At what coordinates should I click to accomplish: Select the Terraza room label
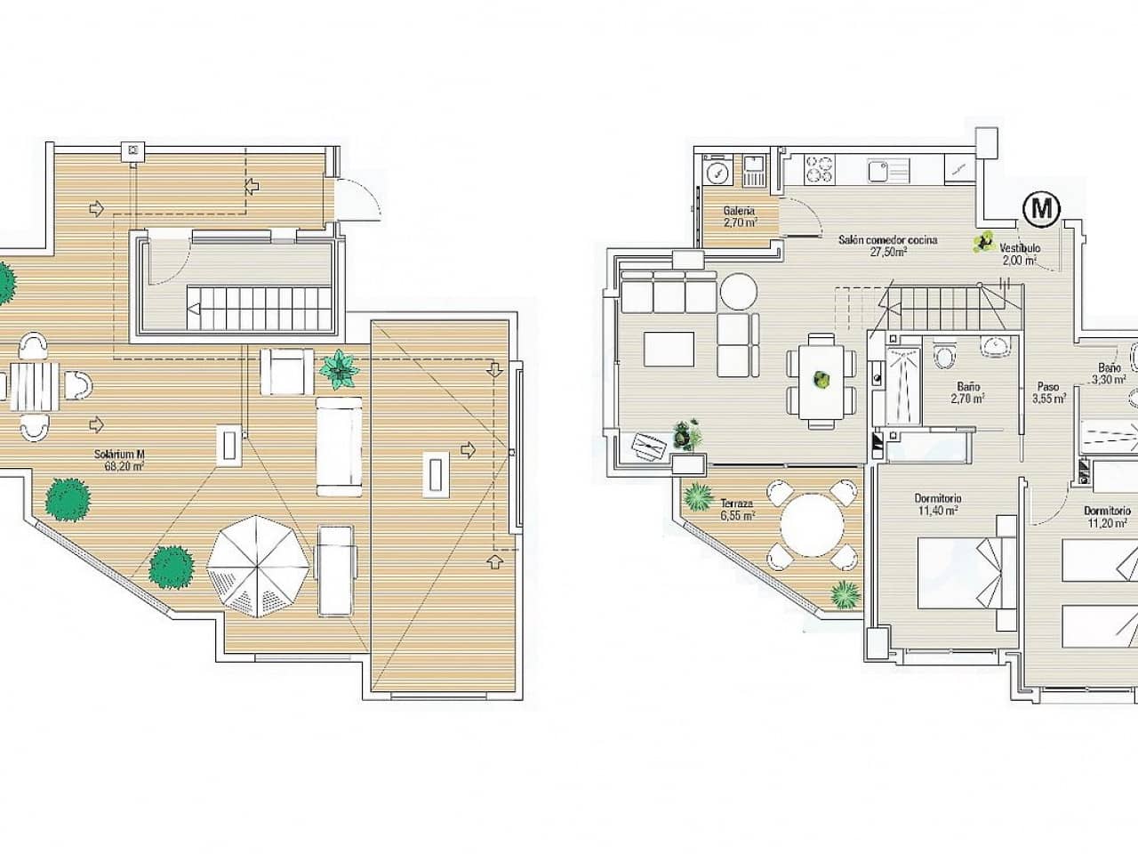[x=737, y=508]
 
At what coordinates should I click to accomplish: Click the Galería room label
[x=740, y=216]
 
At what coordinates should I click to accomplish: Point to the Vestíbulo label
[x=1020, y=254]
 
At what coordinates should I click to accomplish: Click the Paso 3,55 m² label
[x=1049, y=393]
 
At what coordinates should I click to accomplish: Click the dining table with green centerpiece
[x=821, y=382]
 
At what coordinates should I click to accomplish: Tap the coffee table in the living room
[x=670, y=349]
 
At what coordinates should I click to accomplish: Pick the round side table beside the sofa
[x=737, y=291]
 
